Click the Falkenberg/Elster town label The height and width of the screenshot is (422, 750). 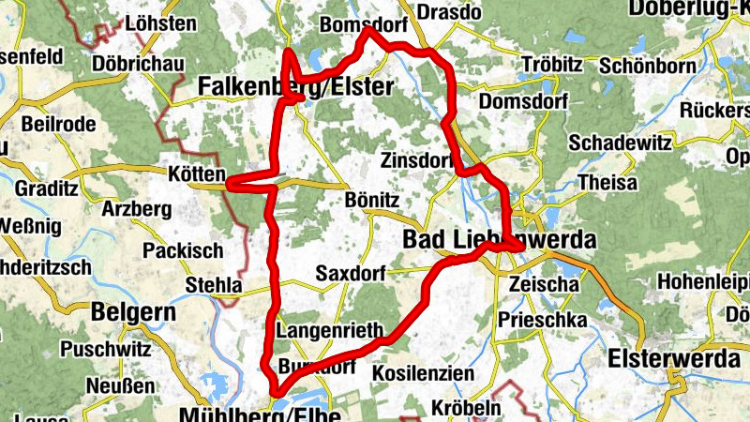pyautogui.click(x=294, y=87)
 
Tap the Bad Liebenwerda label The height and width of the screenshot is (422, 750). pyautogui.click(x=499, y=240)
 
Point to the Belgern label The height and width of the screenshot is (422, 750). pyautogui.click(x=132, y=310)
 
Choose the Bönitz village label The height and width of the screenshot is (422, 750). pyautogui.click(x=372, y=201)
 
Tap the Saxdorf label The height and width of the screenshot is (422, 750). pyautogui.click(x=352, y=274)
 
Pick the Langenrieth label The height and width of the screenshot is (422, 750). pyautogui.click(x=331, y=330)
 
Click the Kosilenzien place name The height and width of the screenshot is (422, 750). pyautogui.click(x=423, y=373)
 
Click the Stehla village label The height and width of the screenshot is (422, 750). pyautogui.click(x=214, y=284)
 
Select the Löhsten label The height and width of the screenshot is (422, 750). pyautogui.click(x=160, y=23)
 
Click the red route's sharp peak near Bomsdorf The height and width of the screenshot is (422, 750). pyautogui.click(x=368, y=30)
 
